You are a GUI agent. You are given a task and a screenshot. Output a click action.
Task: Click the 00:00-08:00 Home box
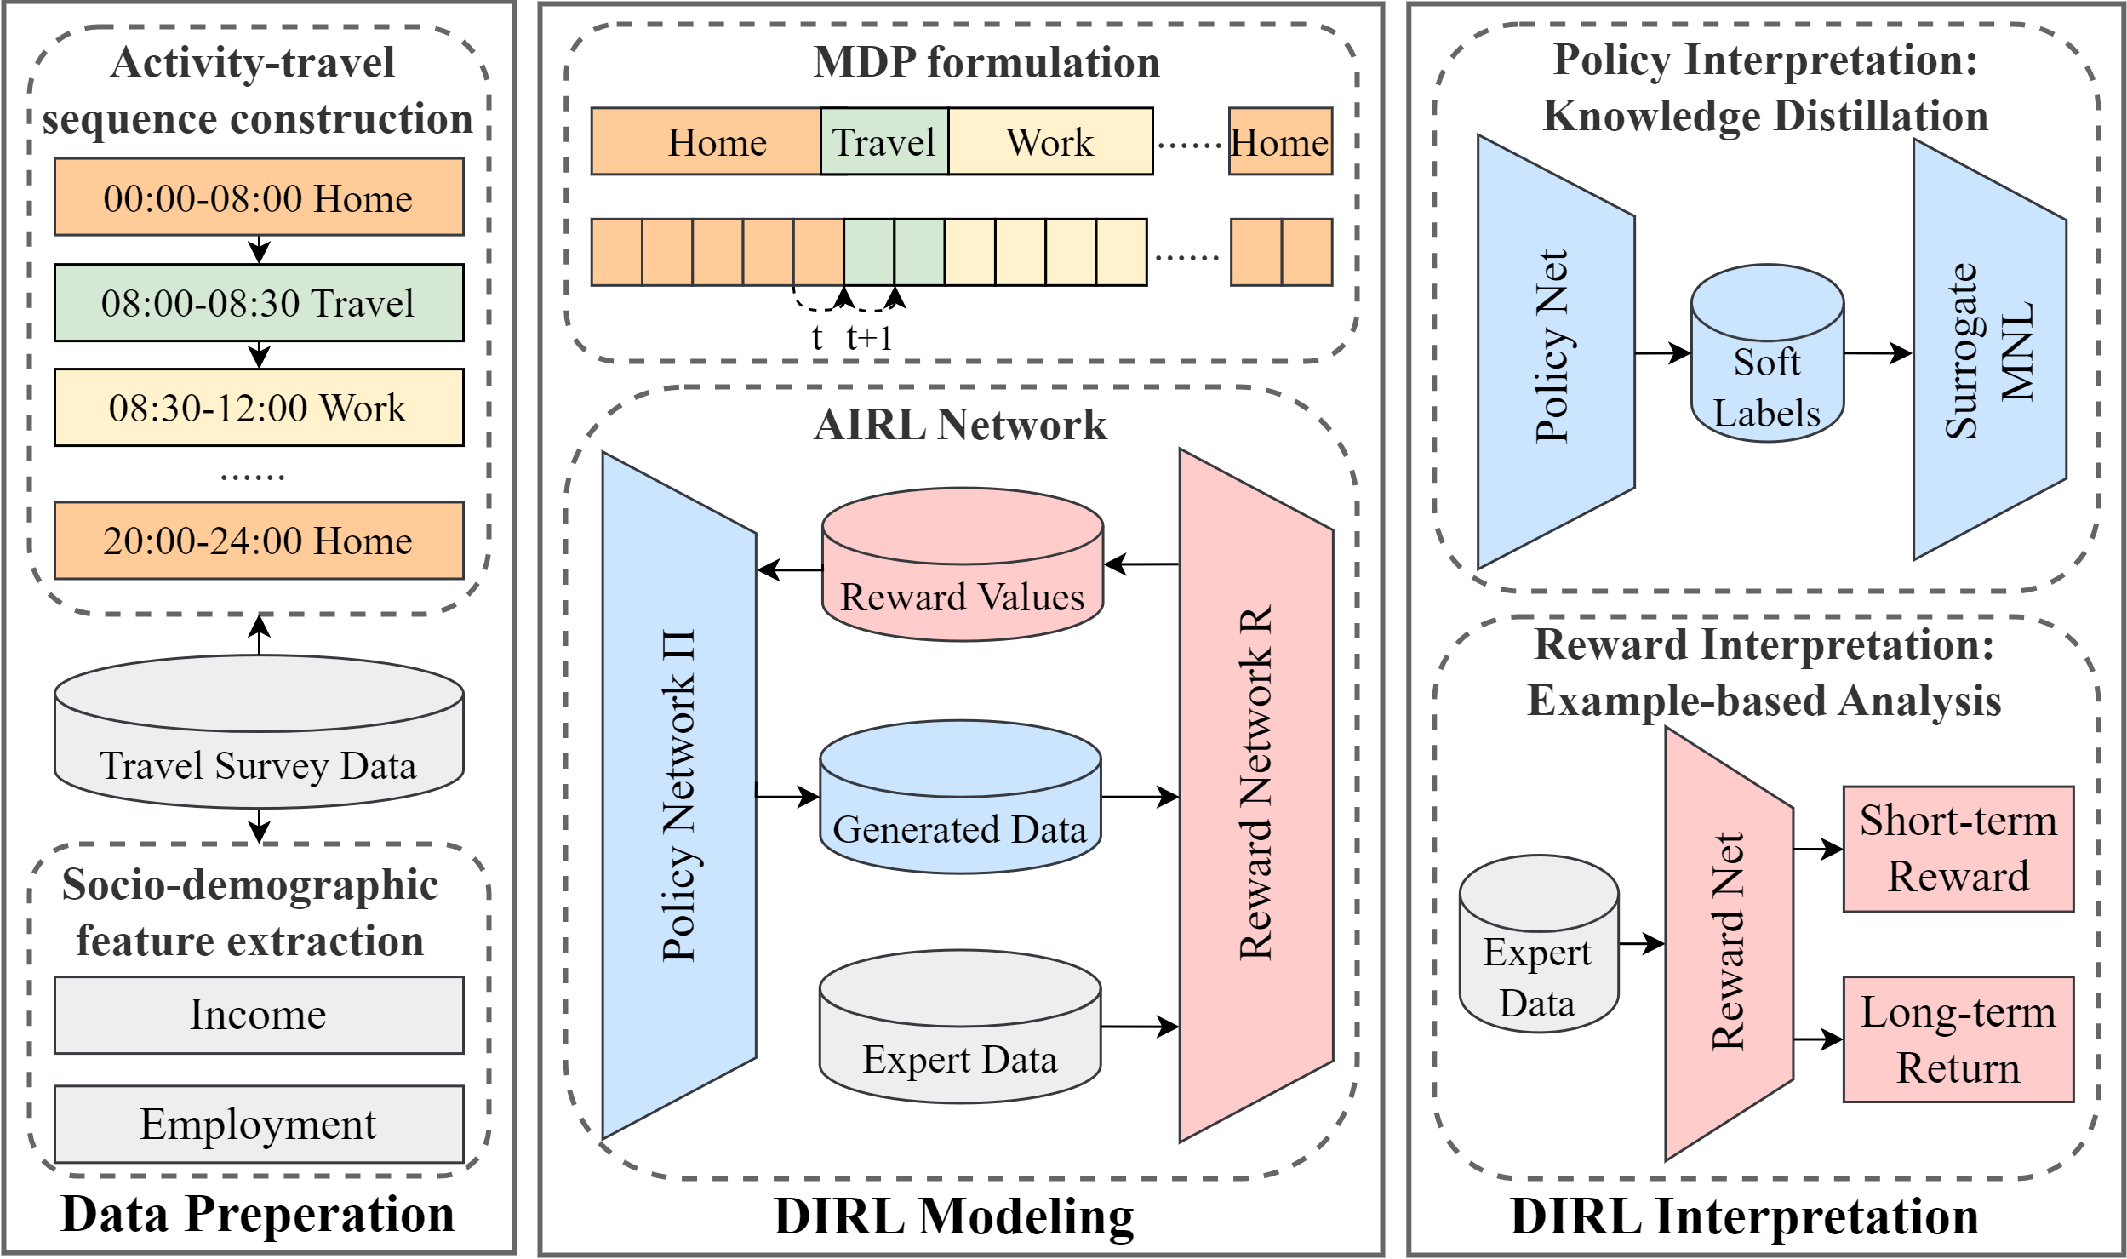point(259,197)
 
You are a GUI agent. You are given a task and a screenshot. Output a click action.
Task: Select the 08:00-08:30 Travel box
point(259,302)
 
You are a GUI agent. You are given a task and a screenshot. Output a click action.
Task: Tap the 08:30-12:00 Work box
point(259,407)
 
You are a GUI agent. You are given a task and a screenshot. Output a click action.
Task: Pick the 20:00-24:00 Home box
point(259,541)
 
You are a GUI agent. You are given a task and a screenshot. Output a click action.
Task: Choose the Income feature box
point(259,1015)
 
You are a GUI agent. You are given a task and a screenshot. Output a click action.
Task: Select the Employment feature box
point(259,1124)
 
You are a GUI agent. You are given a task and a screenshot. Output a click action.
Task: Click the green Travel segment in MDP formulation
point(883,141)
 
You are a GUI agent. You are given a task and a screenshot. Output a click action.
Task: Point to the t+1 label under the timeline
point(870,338)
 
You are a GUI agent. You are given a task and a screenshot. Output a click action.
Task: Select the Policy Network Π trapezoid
point(678,796)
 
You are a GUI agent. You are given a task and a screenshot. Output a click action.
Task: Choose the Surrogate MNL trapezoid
point(1988,350)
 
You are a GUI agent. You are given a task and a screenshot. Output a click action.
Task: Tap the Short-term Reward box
point(1958,849)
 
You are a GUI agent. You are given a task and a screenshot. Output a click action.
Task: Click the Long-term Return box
point(1958,1039)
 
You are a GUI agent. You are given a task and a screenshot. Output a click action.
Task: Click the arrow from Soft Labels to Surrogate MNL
point(1877,352)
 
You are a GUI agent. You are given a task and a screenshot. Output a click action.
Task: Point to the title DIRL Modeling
point(953,1217)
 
